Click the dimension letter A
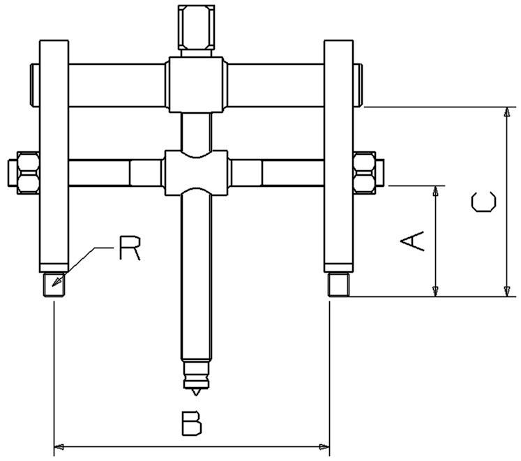coord(412,241)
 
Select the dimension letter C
coord(483,202)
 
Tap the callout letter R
coord(129,248)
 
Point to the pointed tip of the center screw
coord(195,386)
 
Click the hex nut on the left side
coord(24,172)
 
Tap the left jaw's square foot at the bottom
coord(53,285)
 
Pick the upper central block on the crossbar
coord(196,85)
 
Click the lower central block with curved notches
coord(196,172)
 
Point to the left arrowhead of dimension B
coord(59,445)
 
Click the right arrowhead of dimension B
coord(324,445)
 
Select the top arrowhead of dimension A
coord(436,191)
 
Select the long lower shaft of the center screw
coord(195,279)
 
